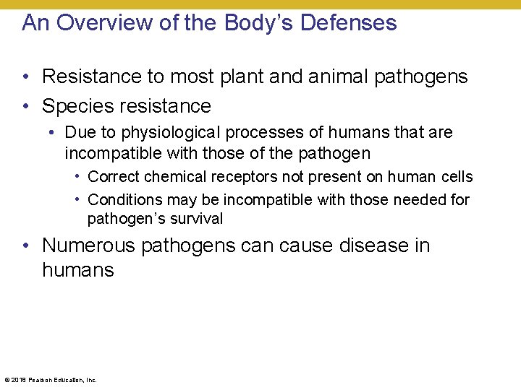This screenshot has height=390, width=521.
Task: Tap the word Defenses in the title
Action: [x=348, y=23]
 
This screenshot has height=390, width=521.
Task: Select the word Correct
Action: [x=113, y=177]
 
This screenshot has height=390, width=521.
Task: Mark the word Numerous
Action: [x=88, y=246]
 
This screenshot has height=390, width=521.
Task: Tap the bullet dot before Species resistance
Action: [x=26, y=107]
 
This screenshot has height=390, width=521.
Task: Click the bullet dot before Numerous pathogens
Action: [x=26, y=246]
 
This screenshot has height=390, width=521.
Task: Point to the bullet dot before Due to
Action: [x=54, y=134]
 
